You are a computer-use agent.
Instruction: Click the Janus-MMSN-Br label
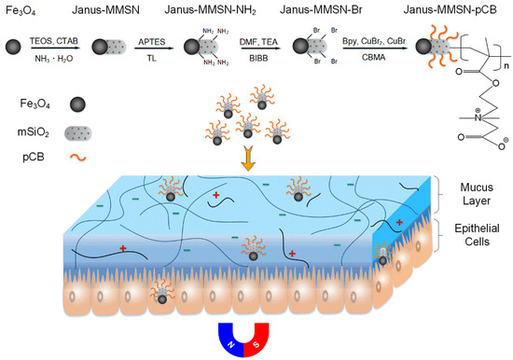[319, 10]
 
